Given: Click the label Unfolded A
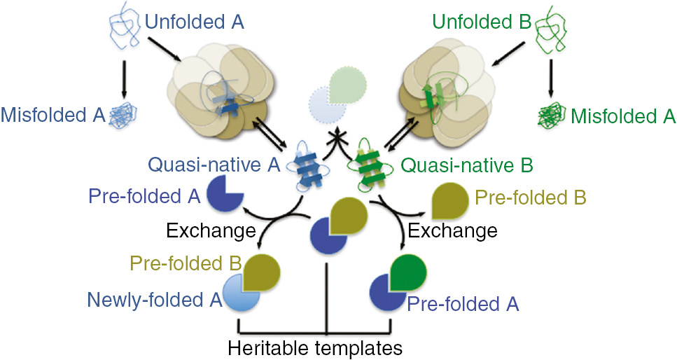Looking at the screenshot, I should tap(194, 22).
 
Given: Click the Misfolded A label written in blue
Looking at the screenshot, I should tap(53, 113).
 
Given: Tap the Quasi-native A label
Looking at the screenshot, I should tap(214, 166).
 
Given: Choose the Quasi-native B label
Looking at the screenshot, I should tap(468, 166).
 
